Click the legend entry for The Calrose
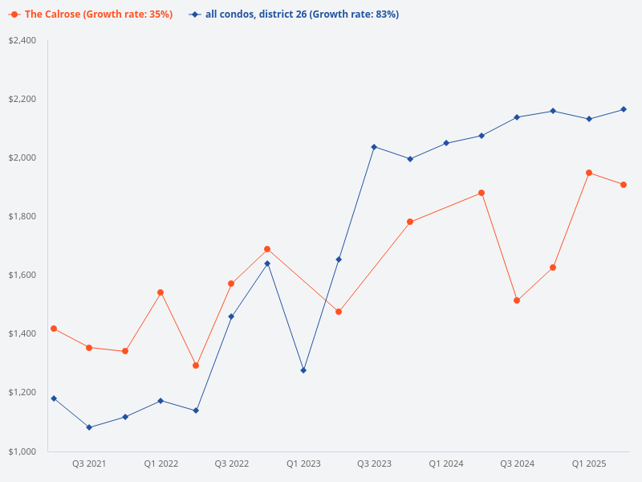(x=91, y=14)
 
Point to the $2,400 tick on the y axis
(x=22, y=40)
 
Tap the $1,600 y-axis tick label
(x=22, y=275)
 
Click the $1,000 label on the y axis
(x=22, y=451)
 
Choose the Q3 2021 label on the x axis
(x=89, y=464)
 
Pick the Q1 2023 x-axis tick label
(x=303, y=464)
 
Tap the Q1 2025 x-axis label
(x=589, y=464)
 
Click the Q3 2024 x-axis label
(x=518, y=464)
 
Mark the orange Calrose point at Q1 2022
(x=160, y=292)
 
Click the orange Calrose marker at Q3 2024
(x=517, y=300)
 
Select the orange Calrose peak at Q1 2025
(x=589, y=173)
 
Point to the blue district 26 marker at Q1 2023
(x=303, y=370)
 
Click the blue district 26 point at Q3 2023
(x=374, y=147)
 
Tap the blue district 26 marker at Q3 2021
(x=89, y=427)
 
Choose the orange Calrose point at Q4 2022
(x=267, y=249)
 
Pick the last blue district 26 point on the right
(x=624, y=109)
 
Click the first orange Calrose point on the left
(x=54, y=329)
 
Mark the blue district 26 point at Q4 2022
(x=267, y=263)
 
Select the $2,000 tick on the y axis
(x=22, y=157)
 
